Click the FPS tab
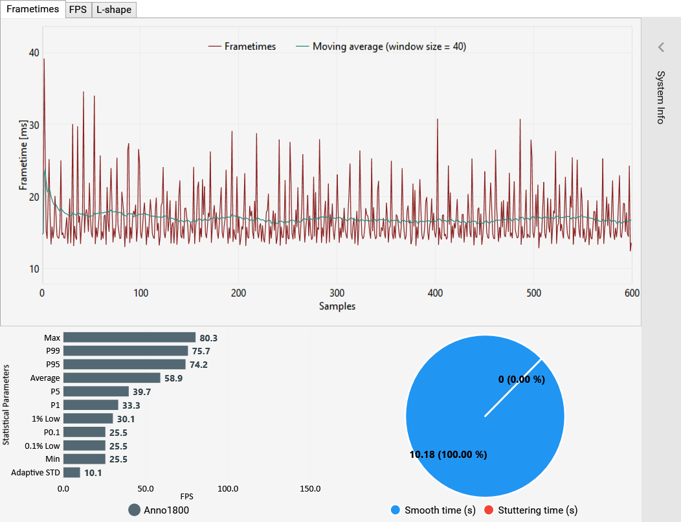click(x=78, y=10)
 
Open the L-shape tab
click(x=114, y=10)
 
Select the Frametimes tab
click(x=32, y=9)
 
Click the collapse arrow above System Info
click(x=661, y=47)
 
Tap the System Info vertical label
click(x=660, y=97)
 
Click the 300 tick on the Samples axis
click(x=337, y=293)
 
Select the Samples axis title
click(x=337, y=306)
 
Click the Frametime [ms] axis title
click(x=24, y=155)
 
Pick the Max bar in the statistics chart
click(x=129, y=337)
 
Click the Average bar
click(x=111, y=378)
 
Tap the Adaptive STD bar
click(x=71, y=473)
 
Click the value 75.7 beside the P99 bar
click(x=201, y=351)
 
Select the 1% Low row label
click(x=45, y=418)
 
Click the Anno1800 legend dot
click(x=135, y=510)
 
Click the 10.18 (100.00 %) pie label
click(x=448, y=454)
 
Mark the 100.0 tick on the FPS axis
click(x=228, y=488)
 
